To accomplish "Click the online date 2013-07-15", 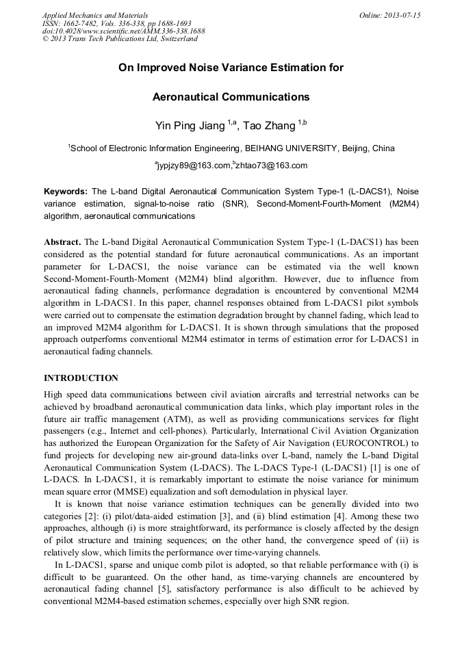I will point(402,14).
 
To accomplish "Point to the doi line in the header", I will point(123,31).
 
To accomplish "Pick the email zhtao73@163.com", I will point(272,166).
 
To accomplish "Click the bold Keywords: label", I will point(66,192).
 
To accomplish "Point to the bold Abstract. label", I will point(62,242).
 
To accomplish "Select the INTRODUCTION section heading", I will point(81,378).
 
